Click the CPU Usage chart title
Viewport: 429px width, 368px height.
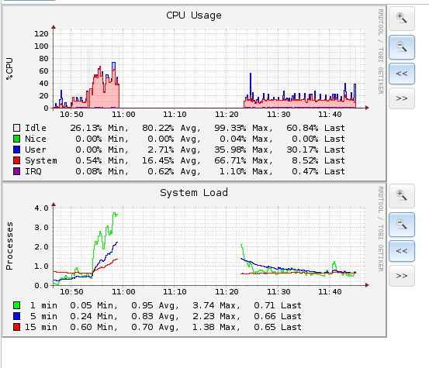194,15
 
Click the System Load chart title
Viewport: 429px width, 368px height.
194,193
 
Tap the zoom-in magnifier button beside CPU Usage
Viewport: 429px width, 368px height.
402,19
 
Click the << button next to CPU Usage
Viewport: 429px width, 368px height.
402,74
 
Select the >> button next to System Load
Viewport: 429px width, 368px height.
402,276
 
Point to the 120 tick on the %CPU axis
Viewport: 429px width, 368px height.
41,33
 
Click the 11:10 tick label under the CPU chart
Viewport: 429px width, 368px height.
175,114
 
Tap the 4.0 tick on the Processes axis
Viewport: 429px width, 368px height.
41,208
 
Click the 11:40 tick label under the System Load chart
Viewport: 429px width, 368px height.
330,292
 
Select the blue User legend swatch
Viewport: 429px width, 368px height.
17,150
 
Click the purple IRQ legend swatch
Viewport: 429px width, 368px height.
17,171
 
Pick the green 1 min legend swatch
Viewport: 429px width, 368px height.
17,305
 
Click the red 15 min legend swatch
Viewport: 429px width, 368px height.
17,327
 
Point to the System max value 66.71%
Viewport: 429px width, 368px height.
230,160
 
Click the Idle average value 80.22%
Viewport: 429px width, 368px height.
157,128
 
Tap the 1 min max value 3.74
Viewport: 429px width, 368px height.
203,305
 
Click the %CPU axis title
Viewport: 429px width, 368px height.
9,69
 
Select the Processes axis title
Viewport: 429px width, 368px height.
9,246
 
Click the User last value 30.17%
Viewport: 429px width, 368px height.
303,150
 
